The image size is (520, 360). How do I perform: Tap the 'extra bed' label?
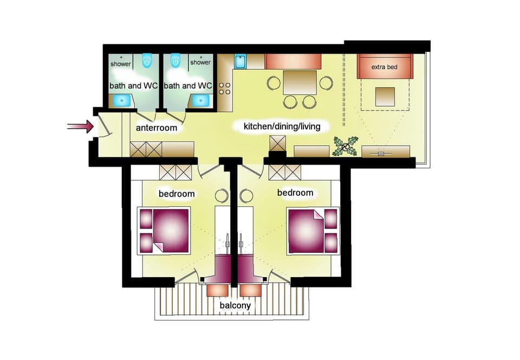point(384,67)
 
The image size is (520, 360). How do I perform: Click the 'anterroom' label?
point(157,128)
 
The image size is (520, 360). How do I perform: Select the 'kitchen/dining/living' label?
point(282,127)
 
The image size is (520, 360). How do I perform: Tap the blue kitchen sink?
point(240,62)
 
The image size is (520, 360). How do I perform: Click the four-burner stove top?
point(225,90)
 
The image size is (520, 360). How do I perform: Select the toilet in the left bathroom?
point(147,61)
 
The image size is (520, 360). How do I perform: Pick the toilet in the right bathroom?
point(174,61)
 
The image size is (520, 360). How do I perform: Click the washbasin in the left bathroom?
point(120,100)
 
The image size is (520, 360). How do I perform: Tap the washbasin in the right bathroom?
point(203,100)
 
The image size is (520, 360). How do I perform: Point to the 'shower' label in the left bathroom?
point(121,63)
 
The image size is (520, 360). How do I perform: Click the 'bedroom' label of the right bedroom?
point(295,192)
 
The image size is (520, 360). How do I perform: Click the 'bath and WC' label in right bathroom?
point(188,86)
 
